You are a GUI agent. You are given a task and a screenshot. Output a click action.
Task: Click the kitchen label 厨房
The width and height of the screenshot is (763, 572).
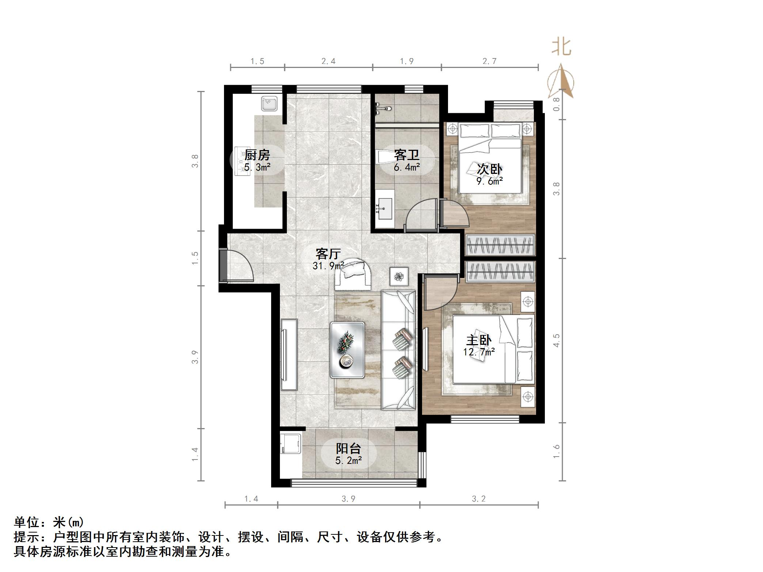coord(257,155)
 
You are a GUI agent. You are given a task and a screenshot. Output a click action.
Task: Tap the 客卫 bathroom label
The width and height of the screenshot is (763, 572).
coord(406,155)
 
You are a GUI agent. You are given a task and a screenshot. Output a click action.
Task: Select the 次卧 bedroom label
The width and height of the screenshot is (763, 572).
coord(489,169)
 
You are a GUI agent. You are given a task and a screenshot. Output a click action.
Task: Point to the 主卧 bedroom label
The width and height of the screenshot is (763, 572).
coord(478,340)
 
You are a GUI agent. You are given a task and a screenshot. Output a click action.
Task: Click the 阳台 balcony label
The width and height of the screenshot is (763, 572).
coord(348,449)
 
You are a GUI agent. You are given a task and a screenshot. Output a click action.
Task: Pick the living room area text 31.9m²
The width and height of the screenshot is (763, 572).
coord(328,266)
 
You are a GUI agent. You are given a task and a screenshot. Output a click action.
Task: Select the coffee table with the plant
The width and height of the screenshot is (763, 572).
coord(347,350)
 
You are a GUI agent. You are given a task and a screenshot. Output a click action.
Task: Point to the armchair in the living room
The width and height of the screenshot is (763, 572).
coord(353,274)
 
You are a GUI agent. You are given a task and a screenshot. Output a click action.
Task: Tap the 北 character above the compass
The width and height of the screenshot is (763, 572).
coord(561,47)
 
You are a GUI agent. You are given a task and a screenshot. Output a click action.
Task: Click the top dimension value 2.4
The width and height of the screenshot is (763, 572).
coord(328,61)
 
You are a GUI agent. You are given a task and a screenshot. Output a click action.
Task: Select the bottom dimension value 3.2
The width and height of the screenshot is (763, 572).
coord(479,499)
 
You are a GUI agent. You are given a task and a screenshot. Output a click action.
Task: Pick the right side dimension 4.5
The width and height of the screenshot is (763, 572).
coord(556,340)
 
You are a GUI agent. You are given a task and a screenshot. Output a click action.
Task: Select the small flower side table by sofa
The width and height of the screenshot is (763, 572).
coord(399,277)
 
